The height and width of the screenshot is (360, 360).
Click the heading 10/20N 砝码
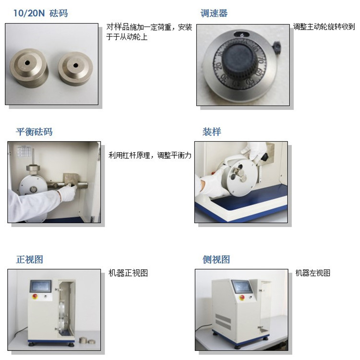pyautogui.click(x=42, y=13)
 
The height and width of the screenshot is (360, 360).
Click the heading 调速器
pyautogui.click(x=214, y=13)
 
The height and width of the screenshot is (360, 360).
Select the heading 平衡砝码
pyautogui.click(x=34, y=132)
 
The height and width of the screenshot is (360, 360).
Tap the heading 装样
pyautogui.click(x=212, y=132)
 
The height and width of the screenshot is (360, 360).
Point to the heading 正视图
pyautogui.click(x=30, y=259)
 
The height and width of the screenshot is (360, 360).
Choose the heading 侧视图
pyautogui.click(x=216, y=259)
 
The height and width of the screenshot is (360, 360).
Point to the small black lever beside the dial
pyautogui.click(x=277, y=47)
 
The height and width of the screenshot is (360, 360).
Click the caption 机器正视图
pyautogui.click(x=128, y=273)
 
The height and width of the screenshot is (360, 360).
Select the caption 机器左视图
pyautogui.click(x=312, y=273)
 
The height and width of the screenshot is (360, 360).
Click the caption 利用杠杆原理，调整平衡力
pyautogui.click(x=150, y=155)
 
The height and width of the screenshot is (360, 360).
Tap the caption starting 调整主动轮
pyautogui.click(x=324, y=27)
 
